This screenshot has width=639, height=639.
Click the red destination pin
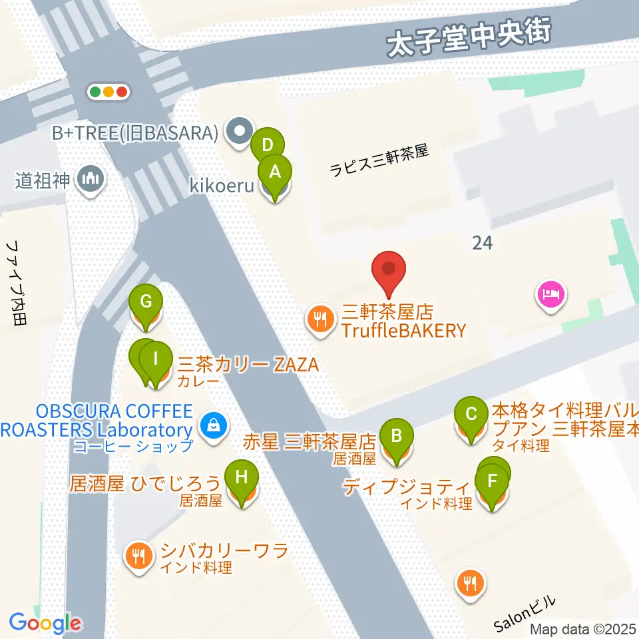pos(391,272)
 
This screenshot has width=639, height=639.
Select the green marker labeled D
pos(268,145)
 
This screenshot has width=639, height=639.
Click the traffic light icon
pos(108,92)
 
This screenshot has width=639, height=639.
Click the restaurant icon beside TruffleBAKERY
pos(320,320)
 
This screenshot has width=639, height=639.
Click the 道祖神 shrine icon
pos(89,179)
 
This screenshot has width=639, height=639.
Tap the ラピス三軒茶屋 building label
pos(379,161)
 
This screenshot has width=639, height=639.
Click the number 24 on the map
pos(482,243)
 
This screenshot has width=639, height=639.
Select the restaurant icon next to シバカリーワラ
pos(138,554)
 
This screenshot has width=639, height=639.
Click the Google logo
pos(45,623)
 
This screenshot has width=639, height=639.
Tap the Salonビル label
pos(525,614)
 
